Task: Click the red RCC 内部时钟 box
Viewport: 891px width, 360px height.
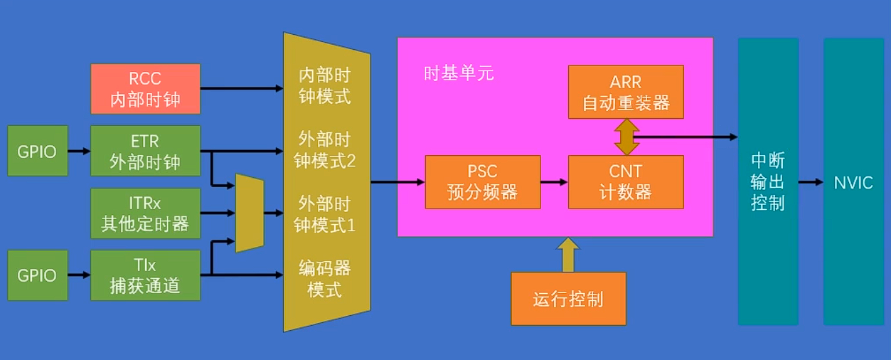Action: tap(145, 89)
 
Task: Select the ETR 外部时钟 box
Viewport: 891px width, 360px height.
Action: tap(145, 151)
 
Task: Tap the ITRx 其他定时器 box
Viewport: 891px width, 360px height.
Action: tap(145, 213)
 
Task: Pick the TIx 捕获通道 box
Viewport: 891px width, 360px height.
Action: tap(145, 275)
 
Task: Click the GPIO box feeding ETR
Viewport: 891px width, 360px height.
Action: tap(37, 151)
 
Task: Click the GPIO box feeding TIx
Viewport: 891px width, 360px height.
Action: tap(37, 275)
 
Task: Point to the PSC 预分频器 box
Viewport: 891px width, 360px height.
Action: tap(482, 182)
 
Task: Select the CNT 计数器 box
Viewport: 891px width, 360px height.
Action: tap(626, 182)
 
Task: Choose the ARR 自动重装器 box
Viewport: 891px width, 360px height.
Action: tap(626, 92)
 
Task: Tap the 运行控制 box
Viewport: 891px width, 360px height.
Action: tap(568, 299)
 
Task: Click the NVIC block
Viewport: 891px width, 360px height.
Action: tap(853, 182)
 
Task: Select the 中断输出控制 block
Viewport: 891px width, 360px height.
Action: tap(767, 182)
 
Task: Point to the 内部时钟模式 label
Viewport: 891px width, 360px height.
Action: tap(324, 86)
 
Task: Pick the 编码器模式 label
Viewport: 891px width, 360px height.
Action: tap(324, 279)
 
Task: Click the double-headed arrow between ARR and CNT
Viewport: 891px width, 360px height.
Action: tap(626, 137)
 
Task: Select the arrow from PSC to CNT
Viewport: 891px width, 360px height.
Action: tap(555, 182)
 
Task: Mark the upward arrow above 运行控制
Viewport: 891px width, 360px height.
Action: tap(567, 255)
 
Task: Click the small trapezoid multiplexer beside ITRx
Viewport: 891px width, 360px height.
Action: tap(250, 213)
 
